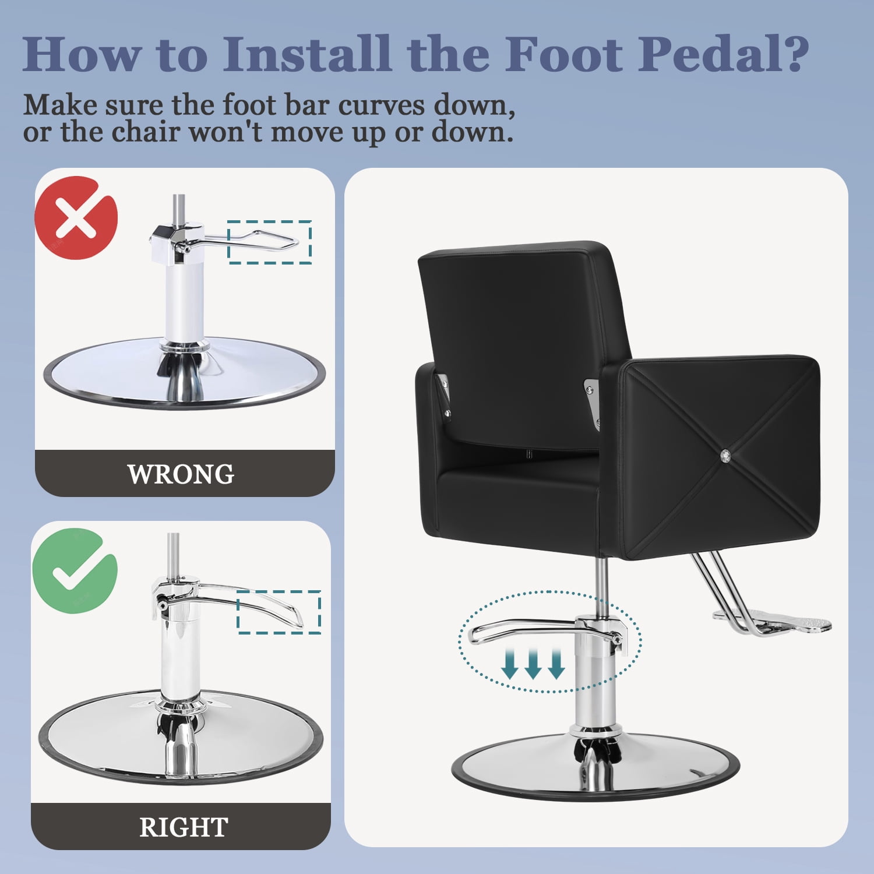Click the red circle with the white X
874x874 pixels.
click(x=76, y=218)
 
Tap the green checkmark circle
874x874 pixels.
click(x=75, y=570)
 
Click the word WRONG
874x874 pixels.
click(x=181, y=474)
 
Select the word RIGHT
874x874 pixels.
click(x=184, y=827)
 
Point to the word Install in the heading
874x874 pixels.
click(x=306, y=54)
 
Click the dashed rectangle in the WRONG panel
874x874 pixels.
click(x=269, y=242)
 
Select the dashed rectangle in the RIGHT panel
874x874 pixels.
click(x=279, y=612)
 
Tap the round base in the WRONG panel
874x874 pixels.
click(x=185, y=373)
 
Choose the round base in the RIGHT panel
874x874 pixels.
click(x=181, y=737)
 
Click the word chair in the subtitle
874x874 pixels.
click(x=145, y=132)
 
